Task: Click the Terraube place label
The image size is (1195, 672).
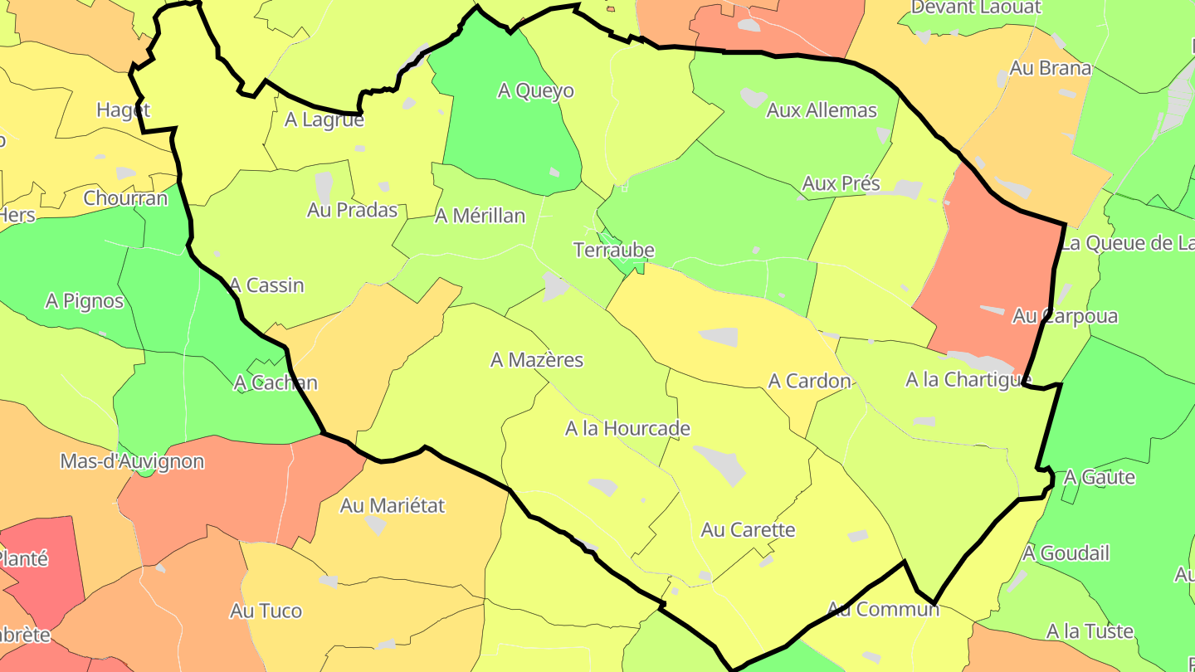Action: coord(614,250)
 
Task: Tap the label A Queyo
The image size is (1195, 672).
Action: coord(535,90)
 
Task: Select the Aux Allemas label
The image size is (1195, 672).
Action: coord(822,110)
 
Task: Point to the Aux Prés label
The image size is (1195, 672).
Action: coord(841,183)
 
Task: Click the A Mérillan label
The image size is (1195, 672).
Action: coord(480,216)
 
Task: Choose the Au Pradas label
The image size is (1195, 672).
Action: coord(352,210)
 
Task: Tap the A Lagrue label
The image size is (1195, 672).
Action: coord(324,119)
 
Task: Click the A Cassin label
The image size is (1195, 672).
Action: coord(266,285)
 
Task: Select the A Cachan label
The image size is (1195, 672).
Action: coord(276,382)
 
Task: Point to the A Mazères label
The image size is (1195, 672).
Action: coord(537,360)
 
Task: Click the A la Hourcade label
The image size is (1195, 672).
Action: coord(627,429)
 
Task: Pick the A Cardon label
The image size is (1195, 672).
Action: coord(809,381)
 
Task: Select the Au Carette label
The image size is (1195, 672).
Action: coord(748,529)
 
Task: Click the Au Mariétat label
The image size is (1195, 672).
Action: coord(393,504)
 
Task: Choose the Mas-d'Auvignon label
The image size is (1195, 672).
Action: coord(132,461)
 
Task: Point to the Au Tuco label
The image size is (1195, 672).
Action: coord(266,611)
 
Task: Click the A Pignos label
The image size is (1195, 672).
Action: coord(85,300)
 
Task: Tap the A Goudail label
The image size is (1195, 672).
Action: coord(1066,553)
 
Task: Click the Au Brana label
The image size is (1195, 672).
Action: coord(1050,68)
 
